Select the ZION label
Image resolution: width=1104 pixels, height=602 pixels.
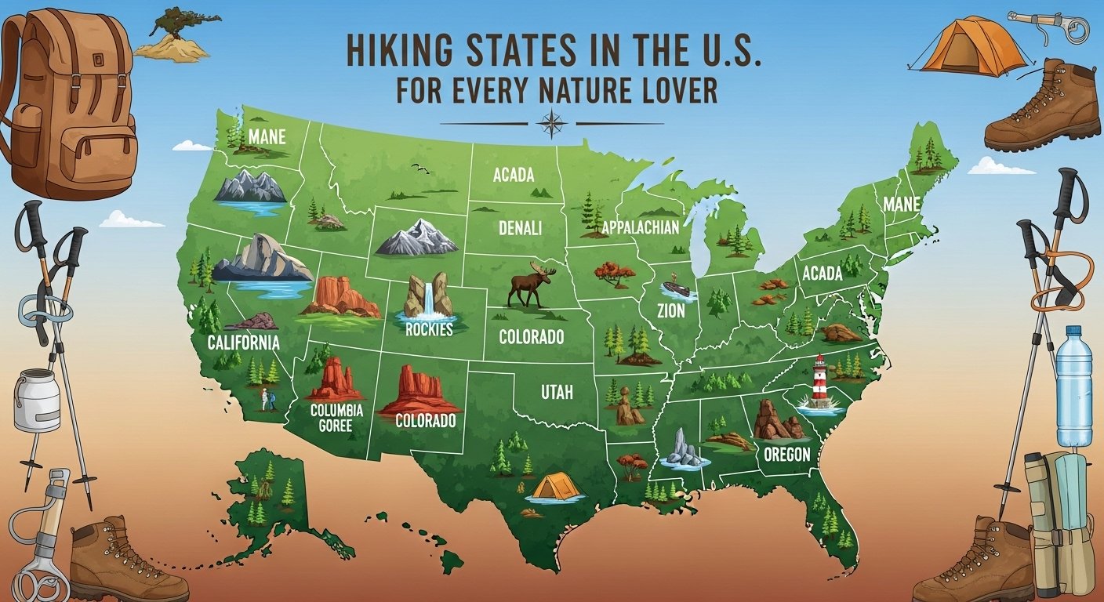click(x=671, y=310)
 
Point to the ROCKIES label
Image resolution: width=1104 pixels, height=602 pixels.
click(x=430, y=329)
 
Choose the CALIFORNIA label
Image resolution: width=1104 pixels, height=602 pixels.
click(x=243, y=343)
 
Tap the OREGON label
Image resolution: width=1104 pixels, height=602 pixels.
click(x=787, y=454)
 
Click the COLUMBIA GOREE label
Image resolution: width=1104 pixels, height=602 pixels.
click(x=336, y=418)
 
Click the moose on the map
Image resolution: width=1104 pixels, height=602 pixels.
click(x=531, y=286)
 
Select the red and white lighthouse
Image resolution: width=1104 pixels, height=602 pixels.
click(x=819, y=383)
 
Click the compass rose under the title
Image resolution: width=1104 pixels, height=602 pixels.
click(x=552, y=124)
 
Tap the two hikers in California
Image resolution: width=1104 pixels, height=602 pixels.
click(x=268, y=401)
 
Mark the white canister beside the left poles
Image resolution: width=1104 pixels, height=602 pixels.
click(x=37, y=400)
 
